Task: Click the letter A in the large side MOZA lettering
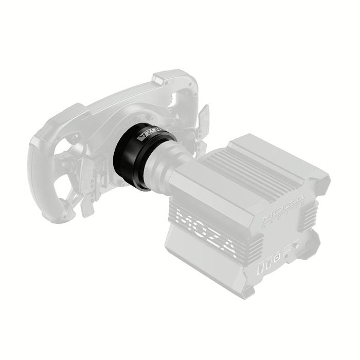point(227,248)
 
